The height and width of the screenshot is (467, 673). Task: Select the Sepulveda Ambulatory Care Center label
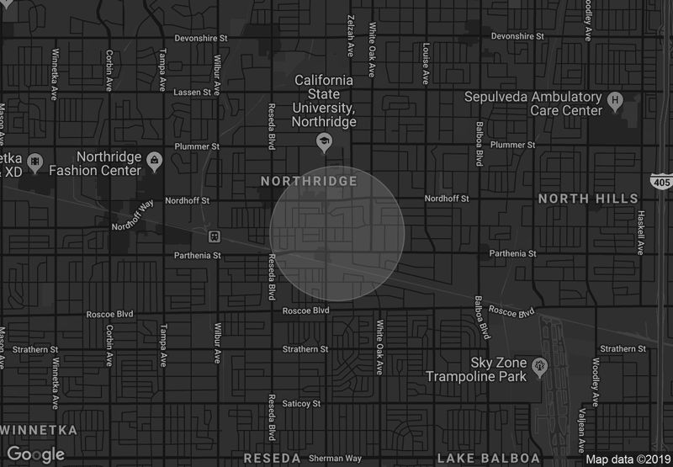coord(534,103)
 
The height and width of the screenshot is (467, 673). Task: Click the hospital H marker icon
coord(615,101)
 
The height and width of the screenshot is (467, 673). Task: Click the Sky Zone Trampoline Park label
coord(476,369)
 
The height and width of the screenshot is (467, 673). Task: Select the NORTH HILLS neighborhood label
coord(588,199)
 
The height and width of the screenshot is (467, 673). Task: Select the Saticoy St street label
coord(303,404)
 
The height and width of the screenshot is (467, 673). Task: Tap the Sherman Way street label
coord(335,459)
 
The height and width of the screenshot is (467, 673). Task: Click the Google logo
coord(36,454)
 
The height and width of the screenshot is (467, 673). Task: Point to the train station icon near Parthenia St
coord(215,236)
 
